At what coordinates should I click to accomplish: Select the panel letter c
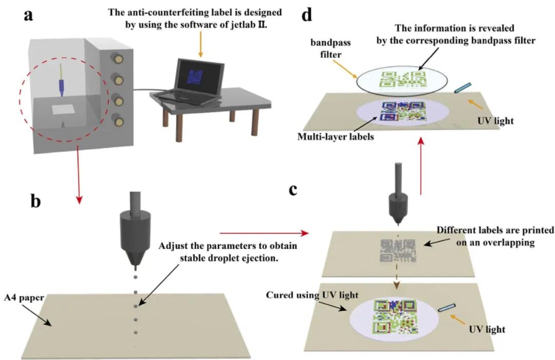pyautogui.click(x=293, y=189)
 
